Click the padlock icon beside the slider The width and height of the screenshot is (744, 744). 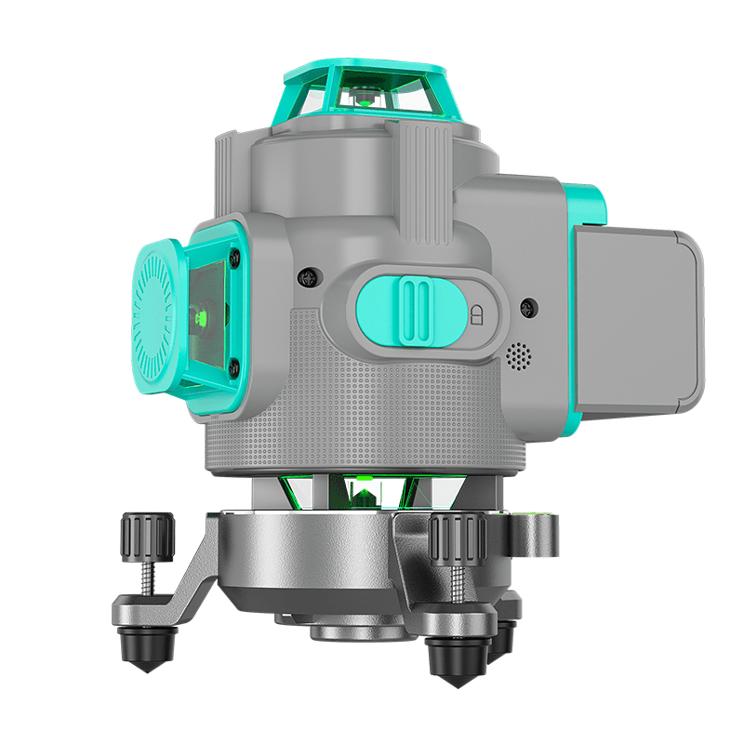478,313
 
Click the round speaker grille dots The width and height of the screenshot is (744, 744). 517,354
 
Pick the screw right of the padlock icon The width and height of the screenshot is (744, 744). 527,306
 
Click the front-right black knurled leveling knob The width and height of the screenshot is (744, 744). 455,538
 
